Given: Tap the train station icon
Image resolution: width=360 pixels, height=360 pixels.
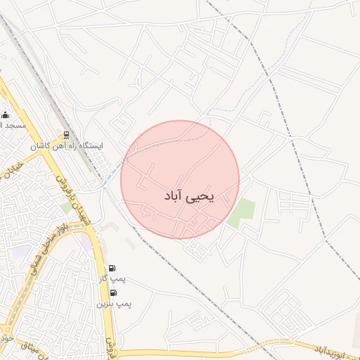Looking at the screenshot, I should coord(67,134).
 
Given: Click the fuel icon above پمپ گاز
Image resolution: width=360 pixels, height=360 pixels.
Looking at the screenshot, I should coord(113,268).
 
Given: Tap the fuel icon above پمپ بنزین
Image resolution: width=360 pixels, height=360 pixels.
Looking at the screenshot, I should coord(114,292).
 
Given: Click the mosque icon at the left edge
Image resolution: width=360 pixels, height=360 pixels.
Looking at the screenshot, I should coord(6,115).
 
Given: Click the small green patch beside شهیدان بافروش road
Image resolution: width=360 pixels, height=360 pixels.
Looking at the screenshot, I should coord(67,207).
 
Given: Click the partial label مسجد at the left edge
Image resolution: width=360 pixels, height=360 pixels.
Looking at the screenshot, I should coord(13,124).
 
